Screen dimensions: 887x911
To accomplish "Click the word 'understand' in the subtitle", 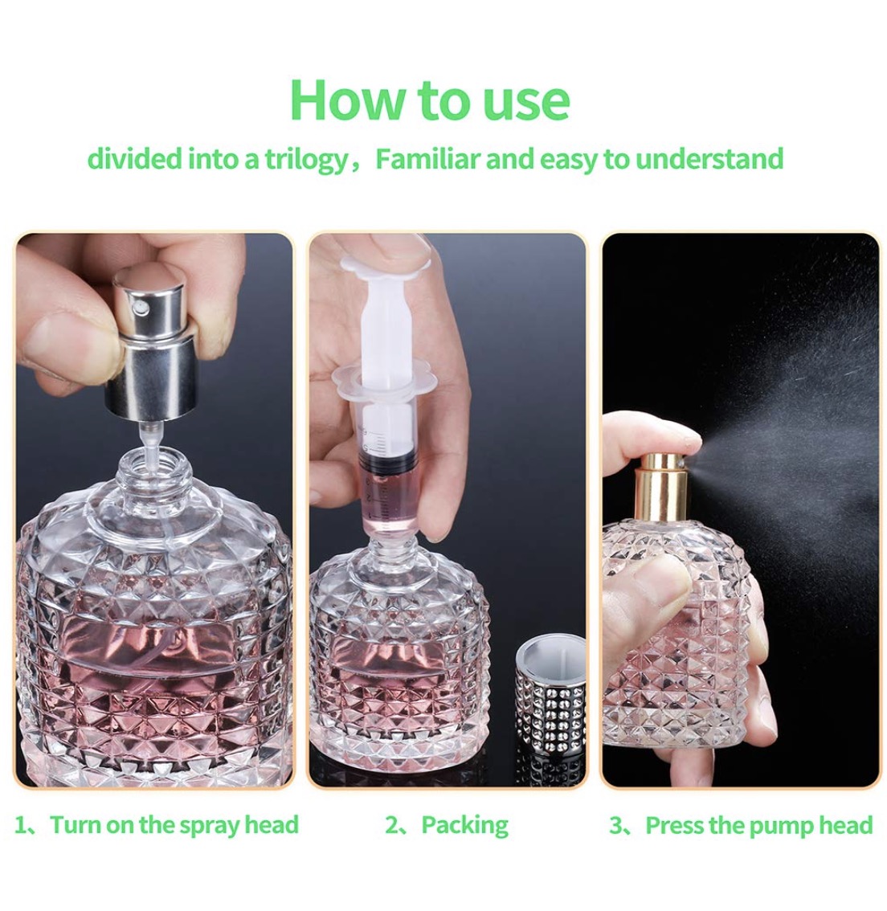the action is pyautogui.click(x=709, y=158).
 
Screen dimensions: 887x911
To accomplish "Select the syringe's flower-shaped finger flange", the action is pyautogui.click(x=378, y=382).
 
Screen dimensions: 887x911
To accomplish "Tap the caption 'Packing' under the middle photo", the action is pyautogui.click(x=464, y=825).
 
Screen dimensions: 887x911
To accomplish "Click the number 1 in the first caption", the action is pyautogui.click(x=20, y=825).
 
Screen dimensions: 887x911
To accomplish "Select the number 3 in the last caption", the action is pyautogui.click(x=615, y=825).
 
